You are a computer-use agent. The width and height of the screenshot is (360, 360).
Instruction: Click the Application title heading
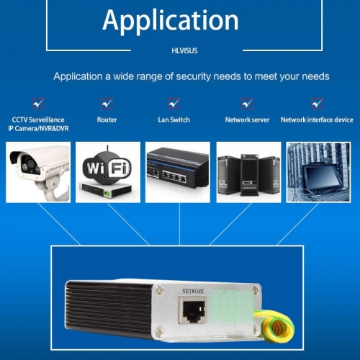[171, 21]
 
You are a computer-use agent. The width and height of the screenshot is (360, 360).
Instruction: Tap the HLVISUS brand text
[184, 50]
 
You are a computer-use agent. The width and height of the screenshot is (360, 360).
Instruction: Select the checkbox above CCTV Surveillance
[38, 104]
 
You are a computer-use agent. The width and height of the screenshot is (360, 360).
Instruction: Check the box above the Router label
[107, 104]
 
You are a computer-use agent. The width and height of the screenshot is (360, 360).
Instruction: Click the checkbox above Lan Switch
[174, 104]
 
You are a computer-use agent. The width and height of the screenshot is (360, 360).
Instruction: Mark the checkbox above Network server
[247, 104]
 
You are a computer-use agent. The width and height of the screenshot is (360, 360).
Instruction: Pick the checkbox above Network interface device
[317, 104]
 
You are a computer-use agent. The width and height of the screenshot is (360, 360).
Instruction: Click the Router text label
[107, 120]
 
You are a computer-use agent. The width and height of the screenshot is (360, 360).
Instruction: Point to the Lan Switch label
[174, 120]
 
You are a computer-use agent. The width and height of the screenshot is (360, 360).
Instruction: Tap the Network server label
[247, 120]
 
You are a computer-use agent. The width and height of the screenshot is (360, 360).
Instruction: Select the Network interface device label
[317, 120]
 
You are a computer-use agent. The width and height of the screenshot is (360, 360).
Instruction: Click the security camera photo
[38, 172]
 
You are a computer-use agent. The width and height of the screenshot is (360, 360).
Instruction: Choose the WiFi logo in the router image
[107, 167]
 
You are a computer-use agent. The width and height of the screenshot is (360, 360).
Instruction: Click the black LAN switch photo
[178, 172]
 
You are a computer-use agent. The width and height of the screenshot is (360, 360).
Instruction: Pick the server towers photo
[248, 172]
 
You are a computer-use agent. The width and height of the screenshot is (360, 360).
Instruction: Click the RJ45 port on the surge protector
[192, 310]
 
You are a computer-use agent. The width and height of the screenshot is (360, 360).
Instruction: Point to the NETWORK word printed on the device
[193, 292]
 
